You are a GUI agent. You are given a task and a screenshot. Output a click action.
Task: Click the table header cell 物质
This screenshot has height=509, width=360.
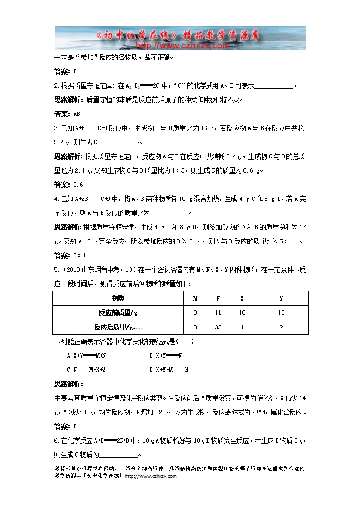coord(117,298)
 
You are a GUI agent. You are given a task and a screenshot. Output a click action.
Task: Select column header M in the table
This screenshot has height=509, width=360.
coord(195,298)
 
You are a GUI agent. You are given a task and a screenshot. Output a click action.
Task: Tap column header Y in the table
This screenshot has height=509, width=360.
coord(281,298)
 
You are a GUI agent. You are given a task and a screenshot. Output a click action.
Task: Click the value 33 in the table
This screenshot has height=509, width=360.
coord(218,327)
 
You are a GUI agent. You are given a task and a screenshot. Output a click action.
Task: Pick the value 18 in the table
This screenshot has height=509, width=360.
coord(242,312)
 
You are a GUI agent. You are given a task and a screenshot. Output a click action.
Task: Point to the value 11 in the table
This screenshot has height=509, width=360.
coord(218,312)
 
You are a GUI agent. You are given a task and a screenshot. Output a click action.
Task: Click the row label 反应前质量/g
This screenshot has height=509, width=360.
coord(117,312)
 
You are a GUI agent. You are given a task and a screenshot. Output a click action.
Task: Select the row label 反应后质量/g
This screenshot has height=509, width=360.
coord(117,327)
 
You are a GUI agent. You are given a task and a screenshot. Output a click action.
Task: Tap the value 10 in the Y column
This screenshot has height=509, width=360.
coord(281,312)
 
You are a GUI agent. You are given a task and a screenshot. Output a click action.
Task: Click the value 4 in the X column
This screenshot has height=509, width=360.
coord(242,327)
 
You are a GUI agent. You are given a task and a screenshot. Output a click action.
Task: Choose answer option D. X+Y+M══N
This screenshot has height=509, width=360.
coord(168,370)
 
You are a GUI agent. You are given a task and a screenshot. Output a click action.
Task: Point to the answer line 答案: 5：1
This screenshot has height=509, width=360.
coord(70,255)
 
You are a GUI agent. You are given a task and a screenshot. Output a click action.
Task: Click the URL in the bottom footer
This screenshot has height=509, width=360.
coord(151,476)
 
